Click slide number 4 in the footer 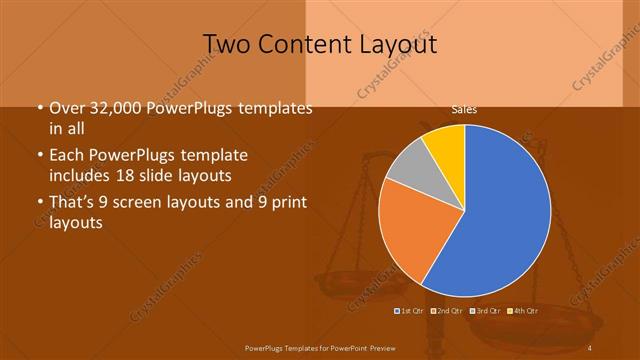click(589, 347)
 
